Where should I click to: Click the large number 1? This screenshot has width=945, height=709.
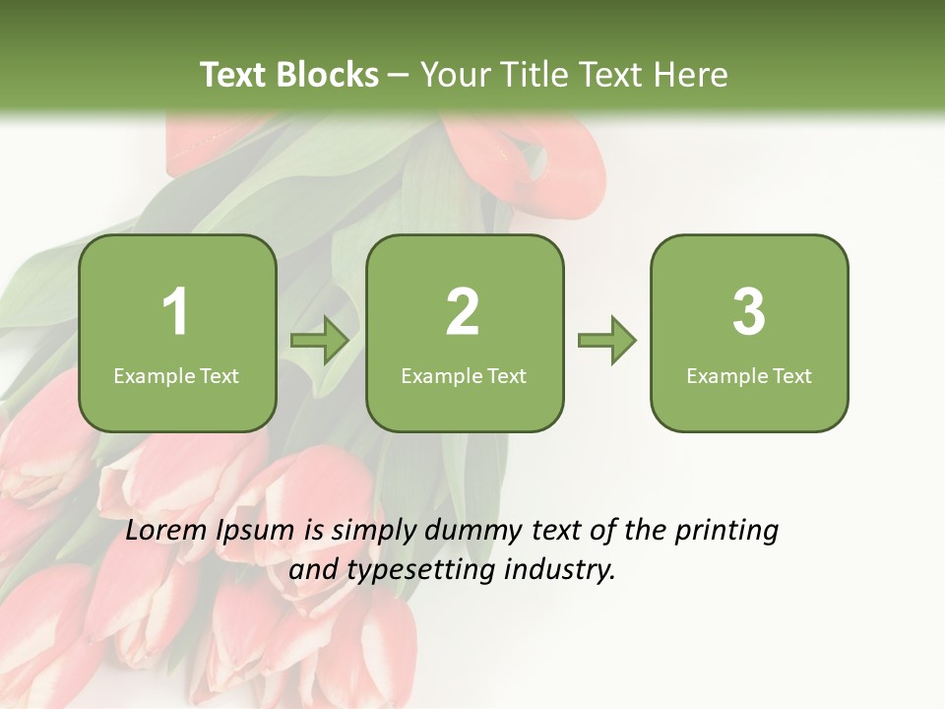tap(176, 312)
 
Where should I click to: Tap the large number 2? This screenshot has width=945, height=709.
tap(463, 312)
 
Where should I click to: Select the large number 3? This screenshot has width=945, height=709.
tap(749, 312)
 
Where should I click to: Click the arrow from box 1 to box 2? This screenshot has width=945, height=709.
tap(320, 341)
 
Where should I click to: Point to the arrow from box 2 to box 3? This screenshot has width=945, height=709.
tap(606, 341)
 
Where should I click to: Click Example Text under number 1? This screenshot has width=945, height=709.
tap(176, 376)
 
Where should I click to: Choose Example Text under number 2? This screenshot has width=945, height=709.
tap(464, 376)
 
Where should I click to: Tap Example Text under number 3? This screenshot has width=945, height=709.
tap(749, 376)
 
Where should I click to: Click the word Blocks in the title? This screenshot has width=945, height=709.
tap(328, 75)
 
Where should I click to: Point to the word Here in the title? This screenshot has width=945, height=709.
tap(692, 75)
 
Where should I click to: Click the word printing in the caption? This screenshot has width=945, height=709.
tap(726, 532)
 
